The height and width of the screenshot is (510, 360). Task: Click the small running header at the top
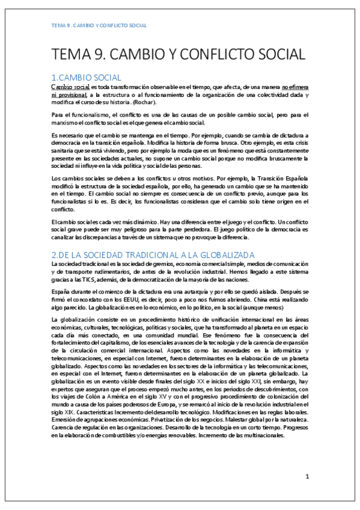(99, 26)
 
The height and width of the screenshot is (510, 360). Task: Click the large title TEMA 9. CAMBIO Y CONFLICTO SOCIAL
(178, 55)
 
